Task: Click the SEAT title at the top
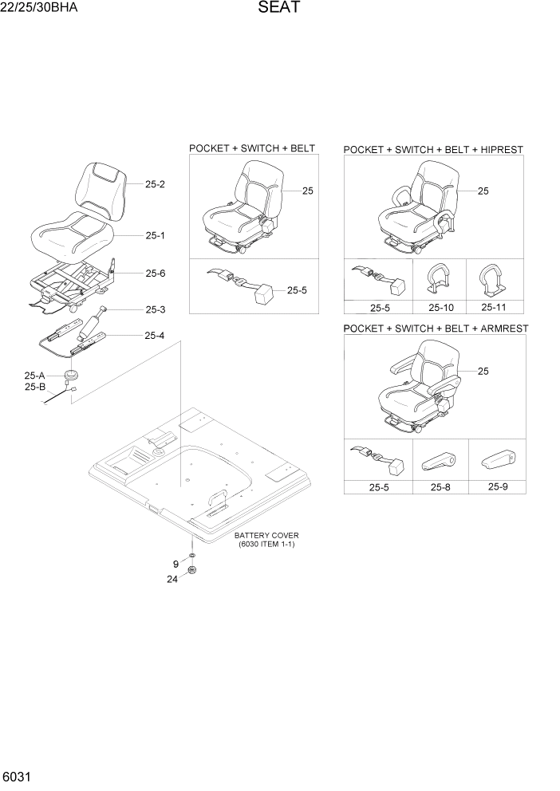(x=279, y=9)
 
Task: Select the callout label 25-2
(x=156, y=184)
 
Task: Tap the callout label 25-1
(x=156, y=235)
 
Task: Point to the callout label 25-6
(x=156, y=273)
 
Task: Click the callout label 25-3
(x=156, y=309)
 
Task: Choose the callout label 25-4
(x=156, y=336)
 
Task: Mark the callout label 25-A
(x=35, y=376)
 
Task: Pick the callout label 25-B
(x=35, y=387)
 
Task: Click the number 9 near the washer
(x=175, y=564)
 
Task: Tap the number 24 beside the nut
(x=172, y=580)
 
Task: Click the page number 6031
(x=18, y=776)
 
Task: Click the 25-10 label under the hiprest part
(x=441, y=307)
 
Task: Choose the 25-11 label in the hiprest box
(x=495, y=307)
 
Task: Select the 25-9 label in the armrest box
(x=495, y=486)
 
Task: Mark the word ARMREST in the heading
(x=500, y=329)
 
